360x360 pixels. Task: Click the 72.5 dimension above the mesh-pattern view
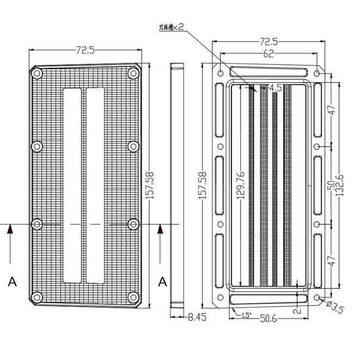pos(85,50)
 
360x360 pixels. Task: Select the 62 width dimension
pos(268,53)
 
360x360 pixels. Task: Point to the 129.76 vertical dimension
pos(241,186)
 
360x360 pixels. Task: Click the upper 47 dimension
pos(332,109)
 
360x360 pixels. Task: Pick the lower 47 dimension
pos(332,260)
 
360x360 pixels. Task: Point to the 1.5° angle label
pos(246,315)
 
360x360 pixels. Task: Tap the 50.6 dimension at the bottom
pos(268,319)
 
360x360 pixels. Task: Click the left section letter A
pos(12,282)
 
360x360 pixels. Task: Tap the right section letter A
pos(162,282)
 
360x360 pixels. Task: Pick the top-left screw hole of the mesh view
pos(37,74)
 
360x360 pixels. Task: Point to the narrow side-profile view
pos(177,185)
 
